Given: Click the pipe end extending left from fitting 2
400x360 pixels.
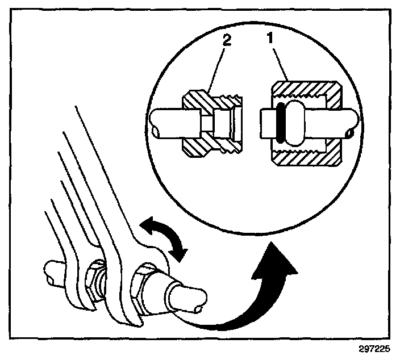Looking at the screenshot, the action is (167, 122).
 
